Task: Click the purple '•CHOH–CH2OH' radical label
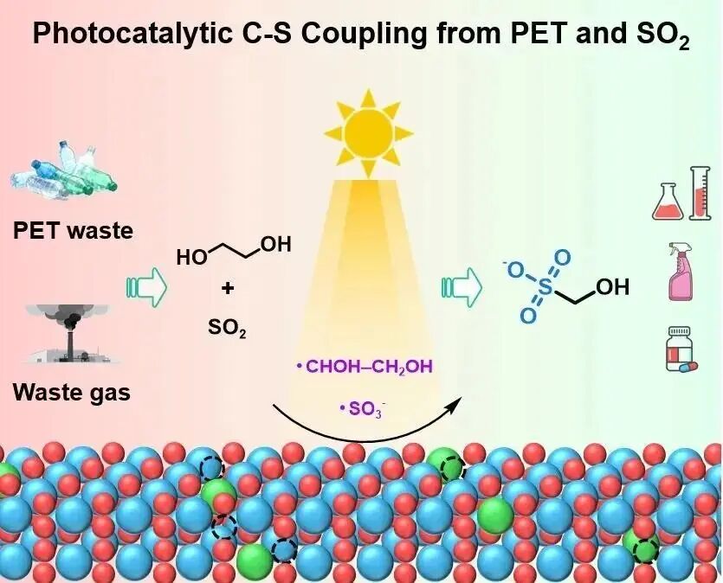tap(364, 368)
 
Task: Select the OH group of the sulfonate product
tap(612, 287)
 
